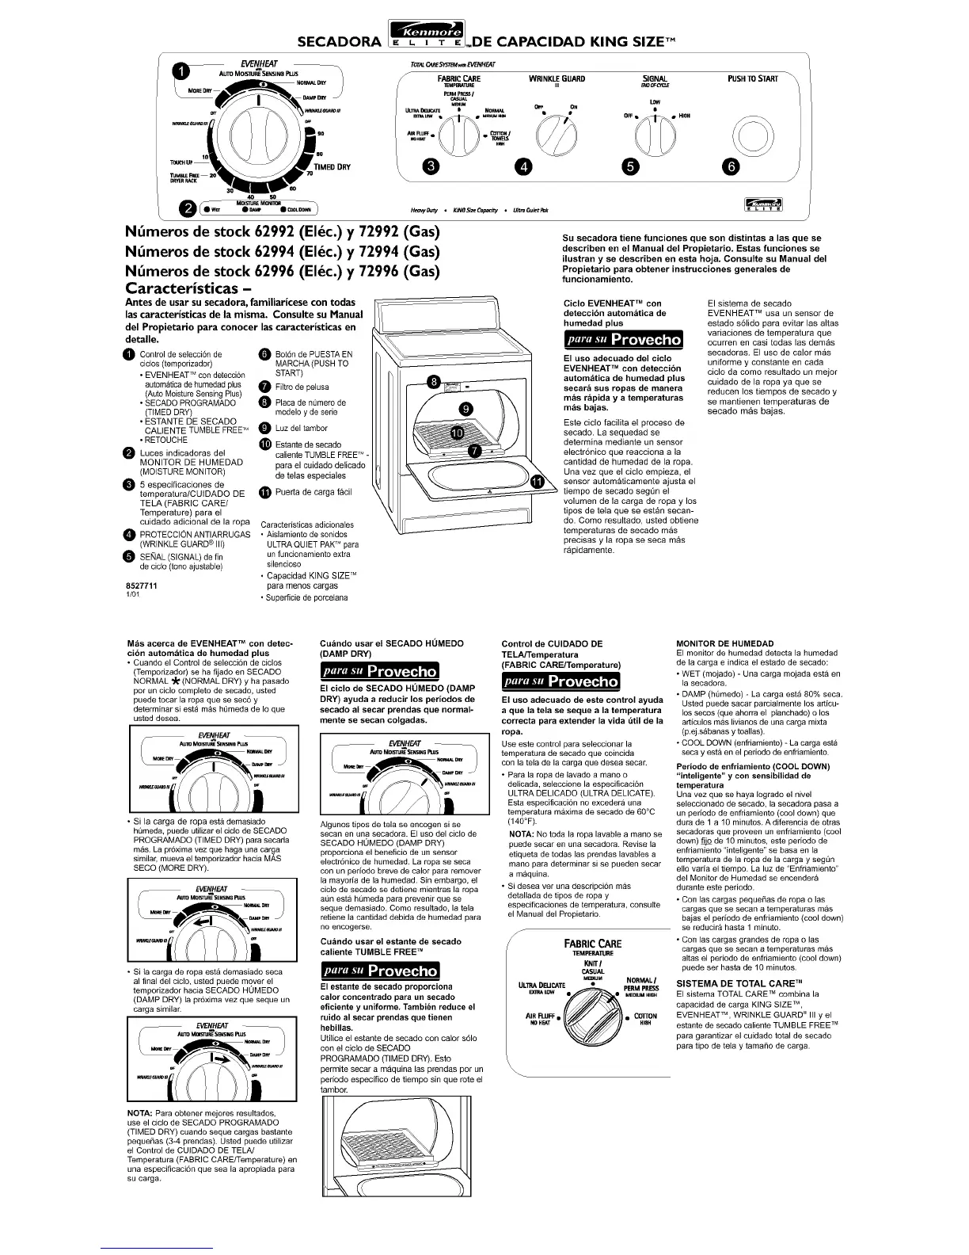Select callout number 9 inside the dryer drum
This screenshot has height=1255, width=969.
point(465,409)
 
